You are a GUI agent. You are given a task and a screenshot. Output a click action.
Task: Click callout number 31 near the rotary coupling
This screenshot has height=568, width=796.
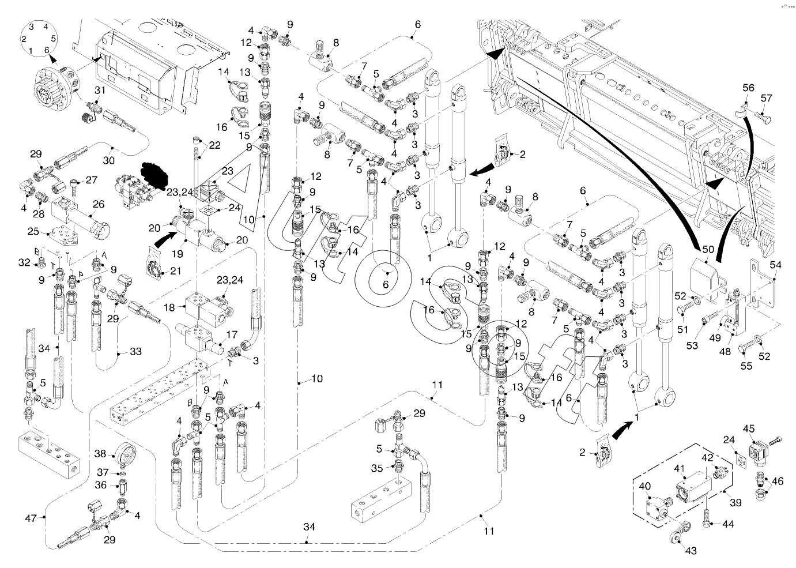[x=100, y=90]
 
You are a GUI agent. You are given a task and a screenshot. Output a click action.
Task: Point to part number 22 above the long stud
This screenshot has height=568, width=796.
[x=214, y=145]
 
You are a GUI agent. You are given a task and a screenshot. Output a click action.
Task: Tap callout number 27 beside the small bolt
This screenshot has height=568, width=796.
[x=92, y=180]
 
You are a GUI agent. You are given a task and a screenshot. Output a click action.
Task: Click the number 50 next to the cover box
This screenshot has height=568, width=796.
[x=708, y=249]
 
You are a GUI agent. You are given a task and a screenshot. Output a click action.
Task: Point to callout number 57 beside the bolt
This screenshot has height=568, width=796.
[x=766, y=99]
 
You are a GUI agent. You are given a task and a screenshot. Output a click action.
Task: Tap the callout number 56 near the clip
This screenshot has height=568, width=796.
[x=748, y=88]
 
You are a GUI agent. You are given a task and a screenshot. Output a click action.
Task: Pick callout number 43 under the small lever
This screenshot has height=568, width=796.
[x=691, y=551]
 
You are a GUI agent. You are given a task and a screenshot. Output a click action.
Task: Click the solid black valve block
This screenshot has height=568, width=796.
[x=154, y=172]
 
